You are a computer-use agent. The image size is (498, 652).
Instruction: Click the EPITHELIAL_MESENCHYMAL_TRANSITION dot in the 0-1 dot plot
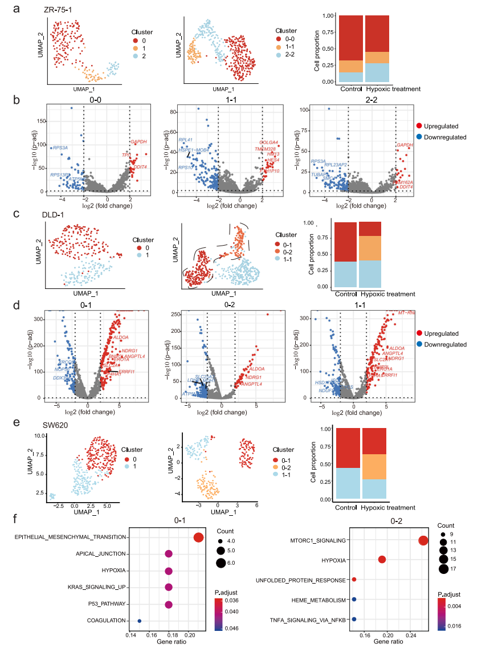(x=198, y=538)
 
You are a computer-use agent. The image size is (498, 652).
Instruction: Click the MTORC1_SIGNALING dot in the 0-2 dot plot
(x=423, y=541)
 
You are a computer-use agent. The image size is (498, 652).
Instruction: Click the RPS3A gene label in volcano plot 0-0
(x=61, y=148)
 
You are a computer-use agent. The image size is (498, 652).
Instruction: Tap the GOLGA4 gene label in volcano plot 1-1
(x=268, y=142)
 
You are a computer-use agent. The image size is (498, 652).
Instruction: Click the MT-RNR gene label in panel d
(x=406, y=313)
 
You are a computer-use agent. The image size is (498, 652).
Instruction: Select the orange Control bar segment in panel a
(x=350, y=66)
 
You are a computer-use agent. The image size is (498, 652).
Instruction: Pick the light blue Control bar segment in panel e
(x=347, y=483)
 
